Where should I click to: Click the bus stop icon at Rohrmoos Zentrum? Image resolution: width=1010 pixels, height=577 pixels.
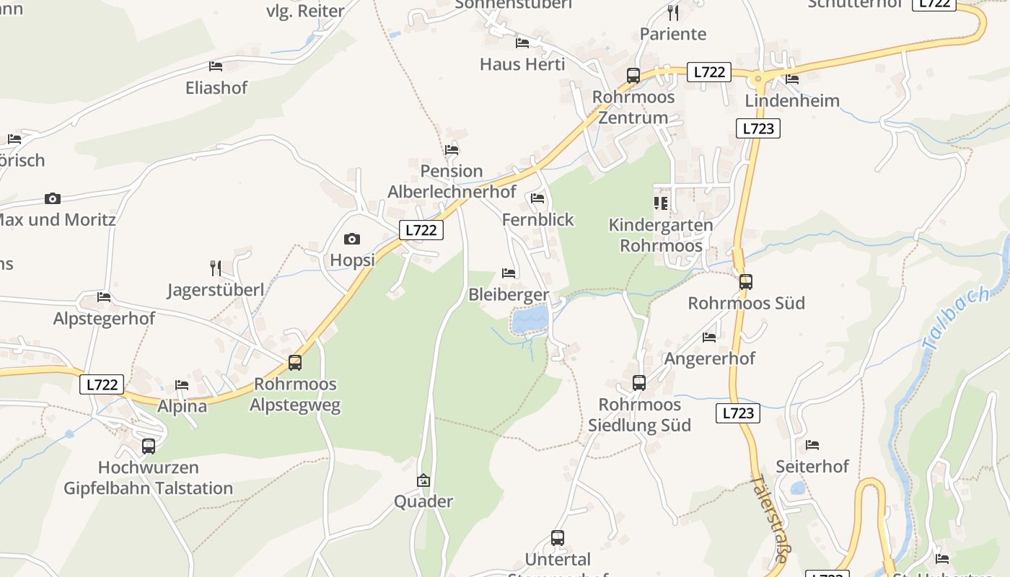point(633,76)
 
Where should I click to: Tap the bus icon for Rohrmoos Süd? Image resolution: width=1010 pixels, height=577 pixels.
point(745,282)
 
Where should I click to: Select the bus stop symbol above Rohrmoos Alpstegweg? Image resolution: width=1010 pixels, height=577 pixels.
point(294,363)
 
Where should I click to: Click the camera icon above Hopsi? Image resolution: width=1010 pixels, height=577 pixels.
point(351,239)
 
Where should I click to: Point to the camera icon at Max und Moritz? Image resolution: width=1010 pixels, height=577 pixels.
point(52,198)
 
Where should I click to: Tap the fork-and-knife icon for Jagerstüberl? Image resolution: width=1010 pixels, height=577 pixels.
point(215,268)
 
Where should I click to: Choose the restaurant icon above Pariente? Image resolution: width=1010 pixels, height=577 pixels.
point(672,13)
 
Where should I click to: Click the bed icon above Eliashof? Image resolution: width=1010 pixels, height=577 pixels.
point(215,66)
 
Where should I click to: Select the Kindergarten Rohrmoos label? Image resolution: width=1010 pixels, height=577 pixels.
point(661,235)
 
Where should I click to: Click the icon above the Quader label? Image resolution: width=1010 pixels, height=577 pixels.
point(423,480)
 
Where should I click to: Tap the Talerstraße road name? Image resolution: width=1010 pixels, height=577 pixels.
point(768,518)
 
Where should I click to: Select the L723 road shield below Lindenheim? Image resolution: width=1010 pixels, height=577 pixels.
point(757,128)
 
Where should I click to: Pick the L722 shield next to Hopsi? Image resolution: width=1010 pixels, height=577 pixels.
point(421,230)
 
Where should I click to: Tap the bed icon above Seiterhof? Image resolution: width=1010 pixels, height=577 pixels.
point(812,445)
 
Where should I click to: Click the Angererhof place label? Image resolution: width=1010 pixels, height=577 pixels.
point(709,358)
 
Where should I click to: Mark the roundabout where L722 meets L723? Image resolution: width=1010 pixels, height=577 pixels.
point(757,77)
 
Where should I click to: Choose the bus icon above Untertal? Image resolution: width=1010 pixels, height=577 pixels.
point(557,537)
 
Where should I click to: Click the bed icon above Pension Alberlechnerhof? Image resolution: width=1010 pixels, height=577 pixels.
point(451,150)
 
